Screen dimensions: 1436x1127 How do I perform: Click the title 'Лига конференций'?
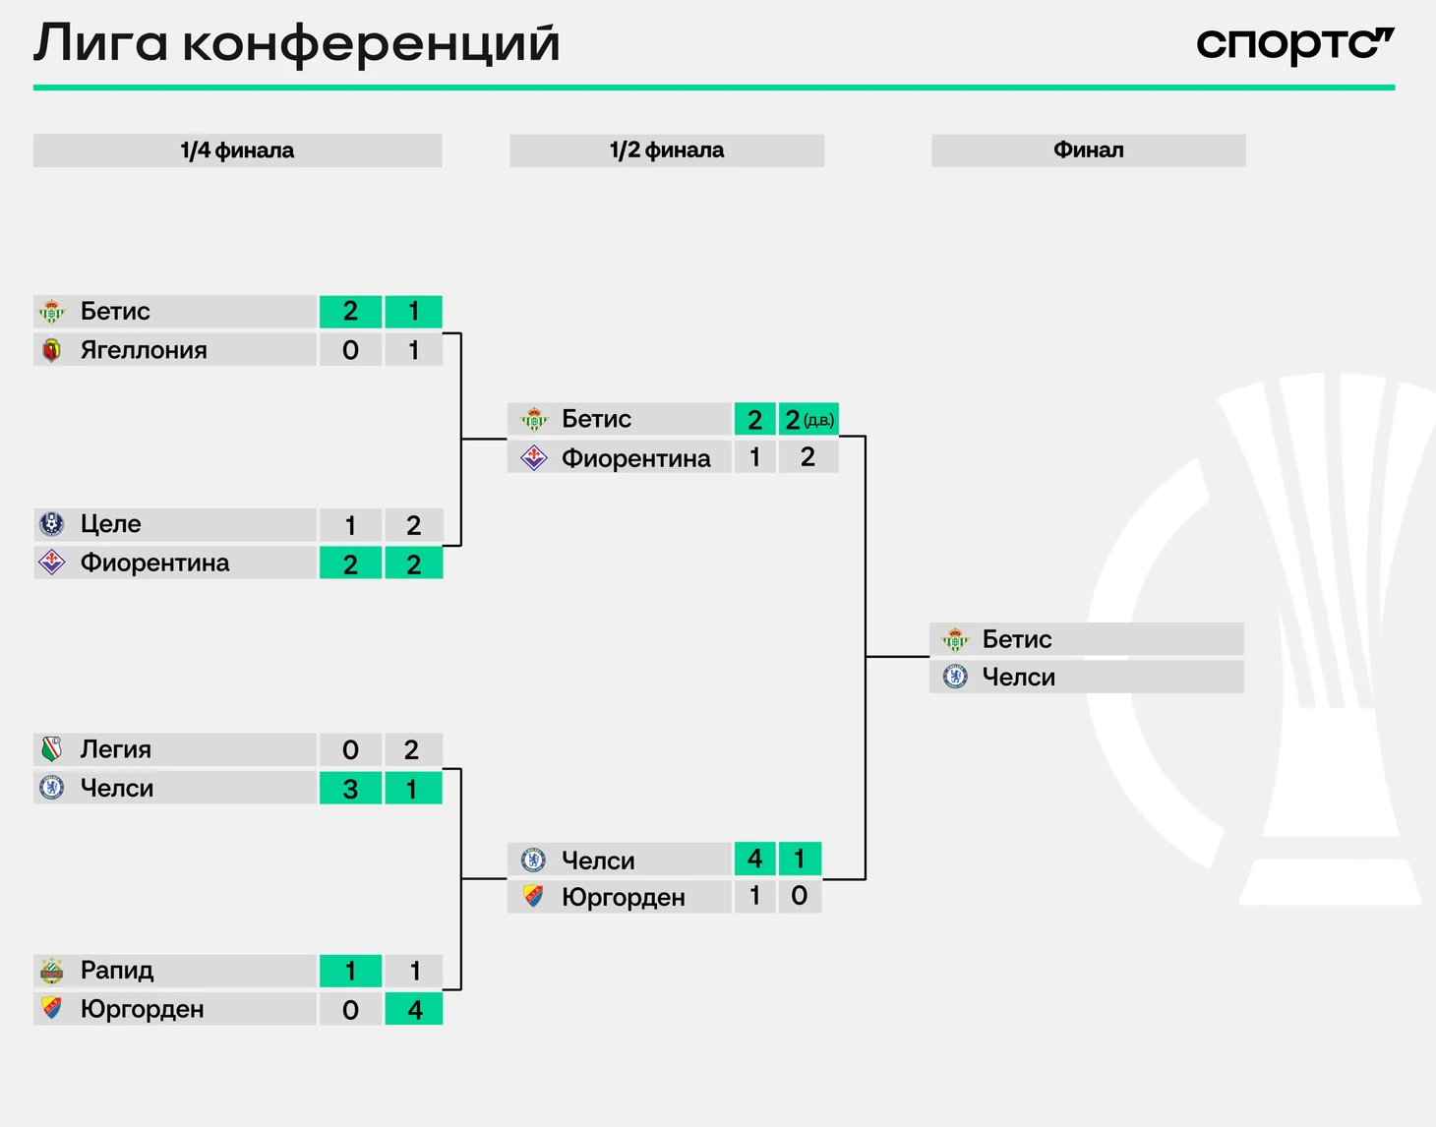coord(297,44)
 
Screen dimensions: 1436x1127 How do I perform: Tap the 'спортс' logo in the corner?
coord(1295,45)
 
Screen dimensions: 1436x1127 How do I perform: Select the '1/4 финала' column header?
coord(237,150)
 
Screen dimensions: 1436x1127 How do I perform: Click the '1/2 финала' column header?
coord(667,150)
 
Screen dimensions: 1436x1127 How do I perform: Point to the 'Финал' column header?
coord(1089,150)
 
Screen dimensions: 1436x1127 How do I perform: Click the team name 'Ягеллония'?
coord(144,350)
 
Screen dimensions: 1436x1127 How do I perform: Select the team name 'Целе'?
coord(110,524)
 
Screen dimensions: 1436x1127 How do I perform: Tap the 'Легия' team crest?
coord(51,749)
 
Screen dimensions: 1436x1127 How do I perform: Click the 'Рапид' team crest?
coord(51,971)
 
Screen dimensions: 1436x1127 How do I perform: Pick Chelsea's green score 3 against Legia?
coord(350,788)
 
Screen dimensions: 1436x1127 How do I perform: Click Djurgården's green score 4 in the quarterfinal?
coord(414,1009)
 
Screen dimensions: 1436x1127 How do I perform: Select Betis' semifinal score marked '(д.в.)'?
coord(808,420)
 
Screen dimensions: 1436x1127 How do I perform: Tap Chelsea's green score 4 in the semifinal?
coord(754,859)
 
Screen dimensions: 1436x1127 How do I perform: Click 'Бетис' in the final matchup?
coord(1016,639)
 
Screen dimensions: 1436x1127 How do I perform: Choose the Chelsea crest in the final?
coord(955,677)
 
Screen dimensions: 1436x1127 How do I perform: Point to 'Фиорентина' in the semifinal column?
coord(635,458)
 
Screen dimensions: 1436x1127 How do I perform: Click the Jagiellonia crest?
coord(51,350)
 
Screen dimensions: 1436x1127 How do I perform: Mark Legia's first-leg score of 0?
coord(350,749)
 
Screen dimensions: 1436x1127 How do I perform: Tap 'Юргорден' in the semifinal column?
coord(624,898)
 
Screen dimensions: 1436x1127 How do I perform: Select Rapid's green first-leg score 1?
coord(350,971)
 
